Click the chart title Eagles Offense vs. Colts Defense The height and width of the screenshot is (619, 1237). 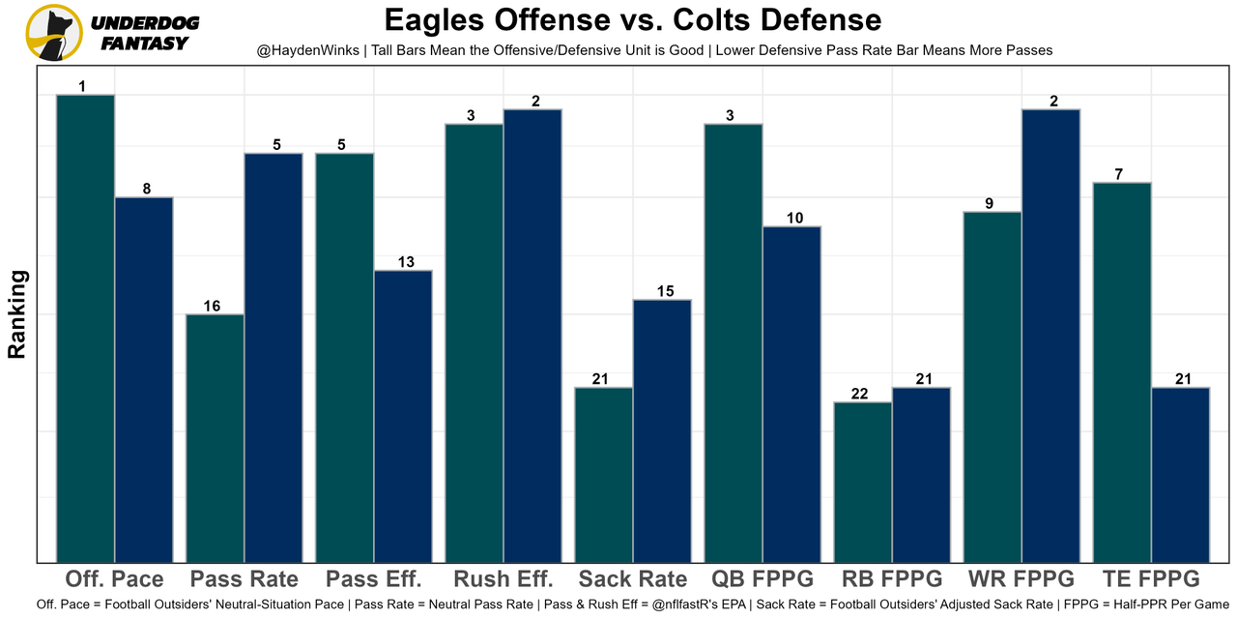point(633,20)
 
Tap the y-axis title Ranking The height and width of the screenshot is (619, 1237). point(17,314)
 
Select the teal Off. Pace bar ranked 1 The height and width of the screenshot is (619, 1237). point(85,328)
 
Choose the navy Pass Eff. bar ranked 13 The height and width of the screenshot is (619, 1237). point(403,416)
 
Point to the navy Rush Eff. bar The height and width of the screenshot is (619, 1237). point(532,335)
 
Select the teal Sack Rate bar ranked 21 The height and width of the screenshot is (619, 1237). point(604,474)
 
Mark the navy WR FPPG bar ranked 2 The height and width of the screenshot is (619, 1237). point(1050,335)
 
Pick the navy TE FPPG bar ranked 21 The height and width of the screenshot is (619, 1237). point(1180,474)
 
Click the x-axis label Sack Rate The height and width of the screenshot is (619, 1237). point(633,579)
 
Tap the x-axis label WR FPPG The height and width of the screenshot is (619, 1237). point(1021,579)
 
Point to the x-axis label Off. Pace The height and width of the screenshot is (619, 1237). point(114,579)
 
